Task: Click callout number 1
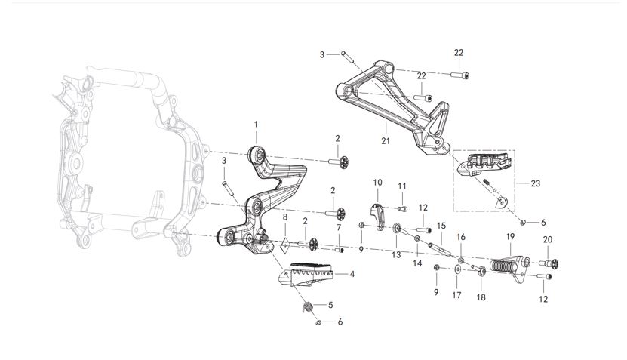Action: click(256, 124)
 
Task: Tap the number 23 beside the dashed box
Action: click(536, 183)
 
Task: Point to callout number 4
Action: click(352, 274)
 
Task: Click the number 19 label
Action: click(510, 237)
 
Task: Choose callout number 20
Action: click(548, 239)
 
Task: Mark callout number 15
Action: click(441, 226)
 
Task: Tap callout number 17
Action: click(456, 294)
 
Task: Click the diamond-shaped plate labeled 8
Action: click(286, 245)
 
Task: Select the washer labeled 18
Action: click(481, 270)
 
